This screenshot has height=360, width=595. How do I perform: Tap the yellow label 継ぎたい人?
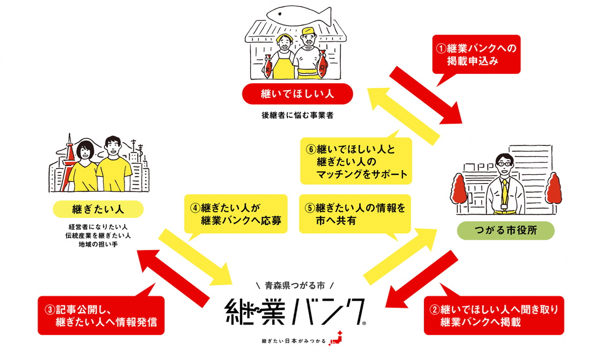pos(97,209)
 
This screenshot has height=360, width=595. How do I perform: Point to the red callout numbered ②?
pos(494,315)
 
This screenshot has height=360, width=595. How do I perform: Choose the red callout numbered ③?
pos(101,315)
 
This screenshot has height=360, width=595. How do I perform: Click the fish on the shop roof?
pos(297,15)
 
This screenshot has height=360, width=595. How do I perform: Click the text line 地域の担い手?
pos(97,244)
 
